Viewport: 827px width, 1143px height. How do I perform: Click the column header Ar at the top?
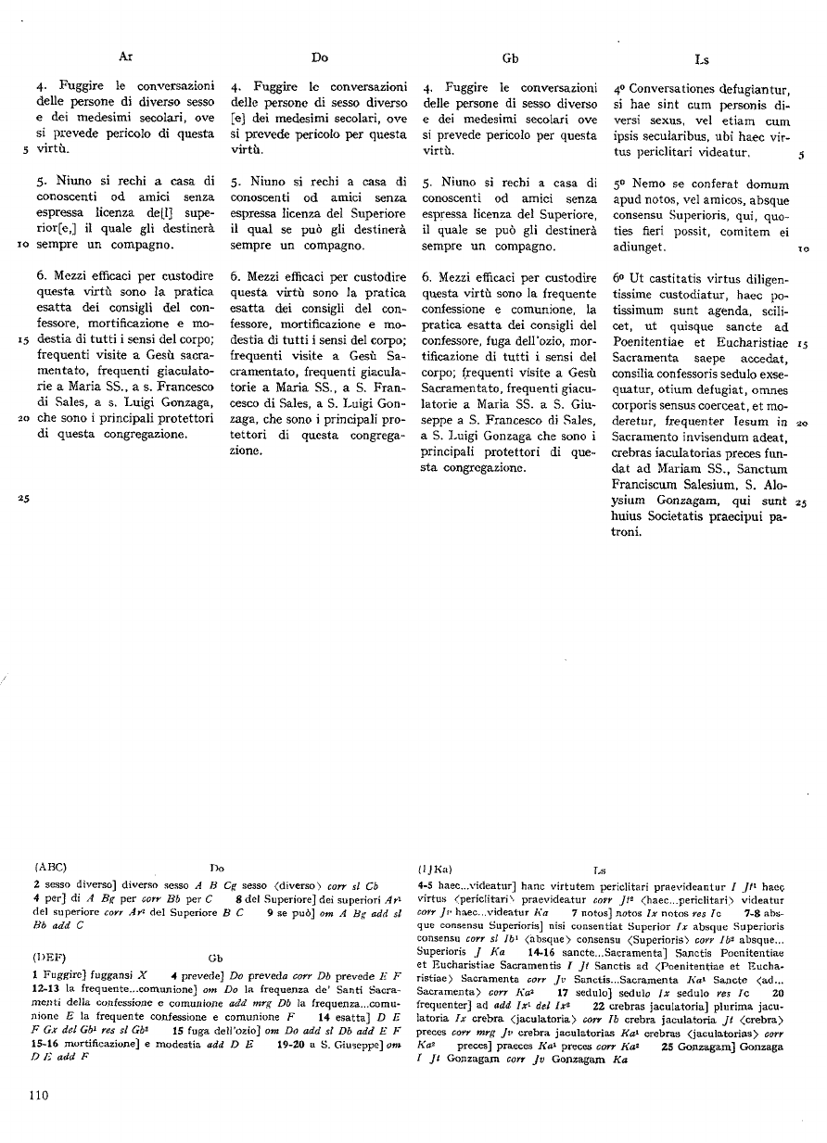pyautogui.click(x=126, y=57)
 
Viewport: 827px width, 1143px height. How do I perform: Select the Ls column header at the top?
pyautogui.click(x=702, y=59)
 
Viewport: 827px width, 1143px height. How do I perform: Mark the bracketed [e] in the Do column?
pyautogui.click(x=238, y=119)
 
